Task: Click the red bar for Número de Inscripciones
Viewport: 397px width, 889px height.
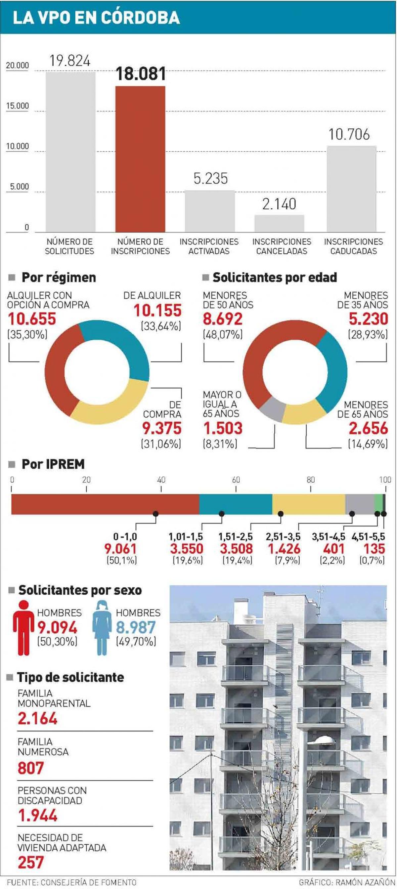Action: coord(140,159)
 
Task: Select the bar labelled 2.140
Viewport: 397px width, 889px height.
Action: coord(279,223)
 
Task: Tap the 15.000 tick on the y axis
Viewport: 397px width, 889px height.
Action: coord(17,106)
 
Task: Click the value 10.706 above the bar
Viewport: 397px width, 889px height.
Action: coord(349,135)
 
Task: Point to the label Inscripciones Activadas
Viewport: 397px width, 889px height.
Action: coord(209,246)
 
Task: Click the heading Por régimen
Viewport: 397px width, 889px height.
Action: coord(59,277)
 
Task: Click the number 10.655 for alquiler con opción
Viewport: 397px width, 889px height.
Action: coord(32,318)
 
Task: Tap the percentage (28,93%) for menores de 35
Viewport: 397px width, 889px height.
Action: coord(368,334)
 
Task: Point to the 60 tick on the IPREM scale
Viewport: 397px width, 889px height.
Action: coord(236,480)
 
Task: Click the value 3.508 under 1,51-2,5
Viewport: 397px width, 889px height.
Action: coord(237,548)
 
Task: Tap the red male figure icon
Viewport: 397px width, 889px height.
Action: coord(23,627)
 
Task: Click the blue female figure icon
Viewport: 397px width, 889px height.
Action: coord(103,627)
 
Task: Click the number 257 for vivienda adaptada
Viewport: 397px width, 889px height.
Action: coord(31,863)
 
